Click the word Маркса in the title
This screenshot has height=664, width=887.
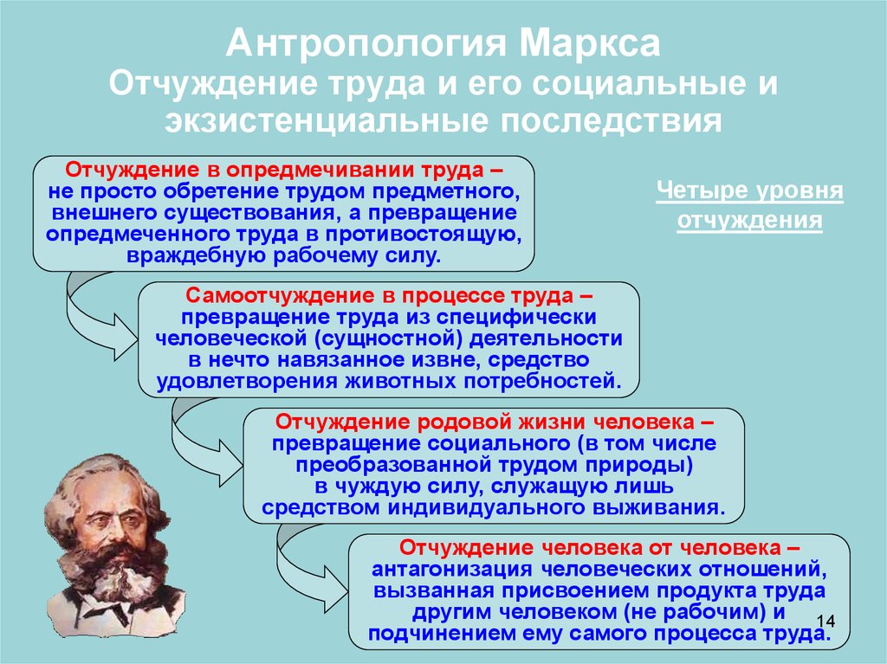tap(589, 43)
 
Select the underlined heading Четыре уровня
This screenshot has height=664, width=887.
tap(749, 190)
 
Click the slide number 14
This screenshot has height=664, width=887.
tap(825, 621)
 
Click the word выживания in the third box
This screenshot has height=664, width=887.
tap(658, 506)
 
